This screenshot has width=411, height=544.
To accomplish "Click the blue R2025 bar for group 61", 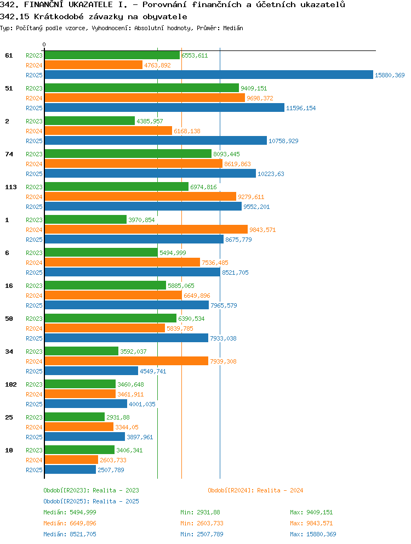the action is [209, 75].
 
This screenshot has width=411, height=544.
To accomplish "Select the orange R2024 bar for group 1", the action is [146, 229].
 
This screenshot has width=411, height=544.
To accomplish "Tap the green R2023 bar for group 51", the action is [142, 88].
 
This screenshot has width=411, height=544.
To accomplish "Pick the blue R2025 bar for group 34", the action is [91, 371].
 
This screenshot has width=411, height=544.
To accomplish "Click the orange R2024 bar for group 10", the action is [71, 460].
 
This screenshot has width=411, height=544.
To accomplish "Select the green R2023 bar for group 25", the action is [75, 417].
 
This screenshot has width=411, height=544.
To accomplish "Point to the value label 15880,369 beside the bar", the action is [390, 75].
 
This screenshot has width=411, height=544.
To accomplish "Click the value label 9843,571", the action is [262, 230].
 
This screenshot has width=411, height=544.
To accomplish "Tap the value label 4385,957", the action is [150, 121].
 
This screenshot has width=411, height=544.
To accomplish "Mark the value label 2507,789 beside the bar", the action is [111, 470].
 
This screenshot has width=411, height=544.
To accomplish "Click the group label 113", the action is [11, 187].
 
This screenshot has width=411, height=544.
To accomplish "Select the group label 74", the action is [9, 154].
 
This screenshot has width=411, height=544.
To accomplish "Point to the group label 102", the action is [11, 384].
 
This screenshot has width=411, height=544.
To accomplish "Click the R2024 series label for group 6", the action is [34, 263].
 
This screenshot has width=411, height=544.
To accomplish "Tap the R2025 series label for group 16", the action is [34, 305].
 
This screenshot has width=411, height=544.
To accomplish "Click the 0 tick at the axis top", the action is [44, 45].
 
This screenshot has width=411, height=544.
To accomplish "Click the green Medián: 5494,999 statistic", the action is [70, 512].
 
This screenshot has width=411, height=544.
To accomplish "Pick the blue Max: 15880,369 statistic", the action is [313, 534].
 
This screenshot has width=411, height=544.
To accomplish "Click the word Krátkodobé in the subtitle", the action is [59, 16].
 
